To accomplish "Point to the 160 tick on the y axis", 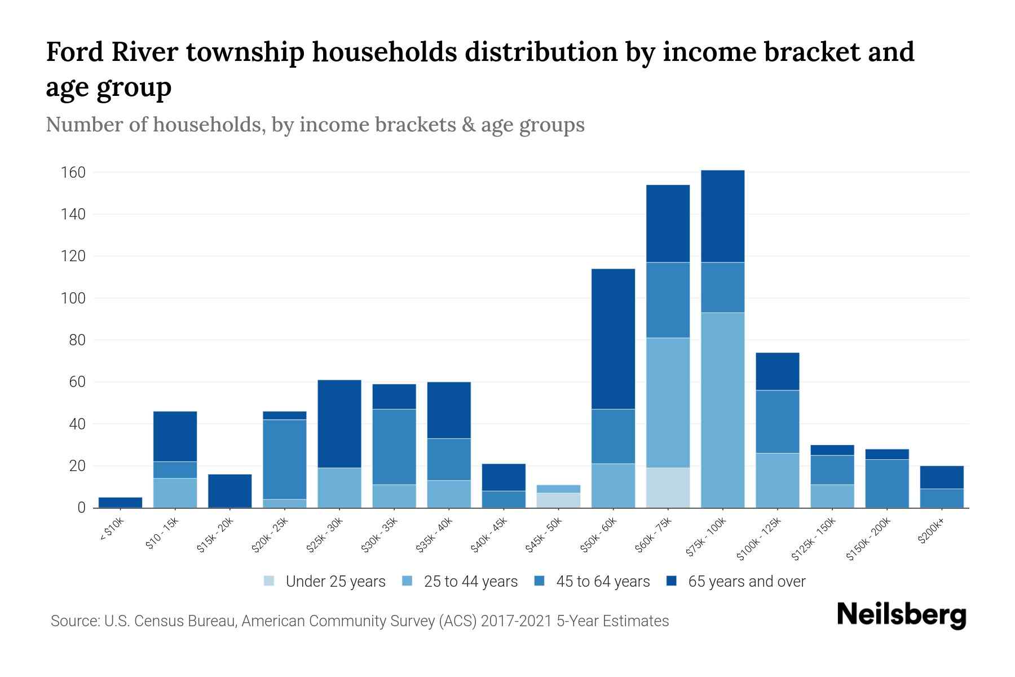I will coord(73,172).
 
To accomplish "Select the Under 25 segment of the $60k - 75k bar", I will coord(668,487).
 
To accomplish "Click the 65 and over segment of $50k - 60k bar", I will coord(613,338).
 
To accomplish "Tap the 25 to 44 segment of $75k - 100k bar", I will coord(722,410).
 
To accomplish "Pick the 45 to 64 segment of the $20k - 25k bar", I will coord(285,459).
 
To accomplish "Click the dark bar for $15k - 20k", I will coord(230,491).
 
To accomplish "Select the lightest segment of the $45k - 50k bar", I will coord(558,500).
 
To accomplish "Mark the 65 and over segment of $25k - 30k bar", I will coord(339,424).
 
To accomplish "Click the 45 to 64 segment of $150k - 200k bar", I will coord(886,483).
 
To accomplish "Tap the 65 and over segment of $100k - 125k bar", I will coord(777,371).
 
